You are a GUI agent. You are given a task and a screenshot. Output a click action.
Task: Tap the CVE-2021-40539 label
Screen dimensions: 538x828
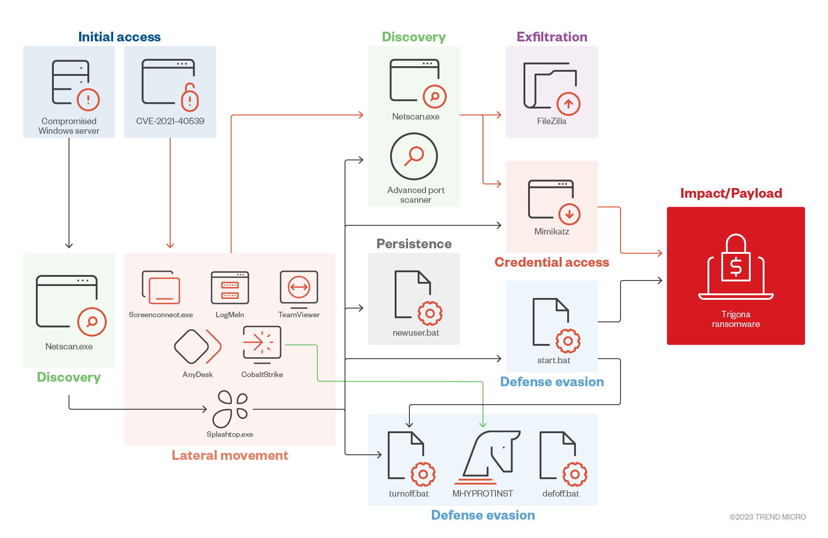(170, 121)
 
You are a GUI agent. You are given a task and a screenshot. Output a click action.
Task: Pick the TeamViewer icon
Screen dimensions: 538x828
(299, 288)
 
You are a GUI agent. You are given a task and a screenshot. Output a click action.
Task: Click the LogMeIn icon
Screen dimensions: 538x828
(230, 288)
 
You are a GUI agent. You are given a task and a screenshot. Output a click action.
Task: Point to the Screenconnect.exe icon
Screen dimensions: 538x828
(161, 288)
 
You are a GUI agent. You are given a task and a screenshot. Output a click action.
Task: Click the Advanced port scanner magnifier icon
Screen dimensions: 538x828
(414, 156)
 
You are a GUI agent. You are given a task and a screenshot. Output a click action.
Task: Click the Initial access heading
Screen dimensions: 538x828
(120, 37)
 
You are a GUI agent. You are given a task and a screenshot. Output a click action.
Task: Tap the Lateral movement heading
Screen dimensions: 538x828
(230, 455)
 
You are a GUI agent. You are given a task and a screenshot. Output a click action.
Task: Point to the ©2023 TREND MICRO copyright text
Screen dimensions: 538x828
(768, 517)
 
